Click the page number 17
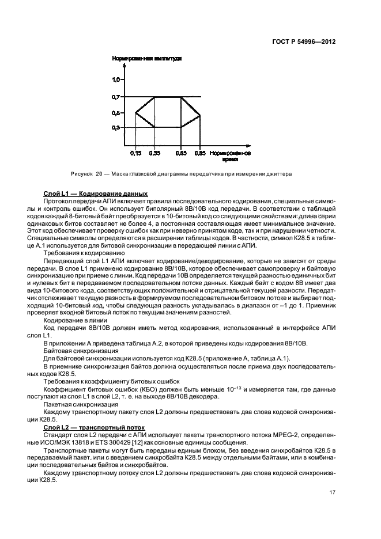tap(333, 492)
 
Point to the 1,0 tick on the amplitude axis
tap(116, 78)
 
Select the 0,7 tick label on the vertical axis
tap(116, 97)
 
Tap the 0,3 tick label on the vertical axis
tap(116, 127)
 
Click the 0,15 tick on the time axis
tap(136, 153)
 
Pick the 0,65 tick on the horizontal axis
tap(181, 153)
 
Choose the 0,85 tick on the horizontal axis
tap(199, 153)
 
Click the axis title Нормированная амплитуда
tap(147, 58)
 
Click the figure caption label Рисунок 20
tap(82, 173)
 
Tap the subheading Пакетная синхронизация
tap(80, 404)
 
